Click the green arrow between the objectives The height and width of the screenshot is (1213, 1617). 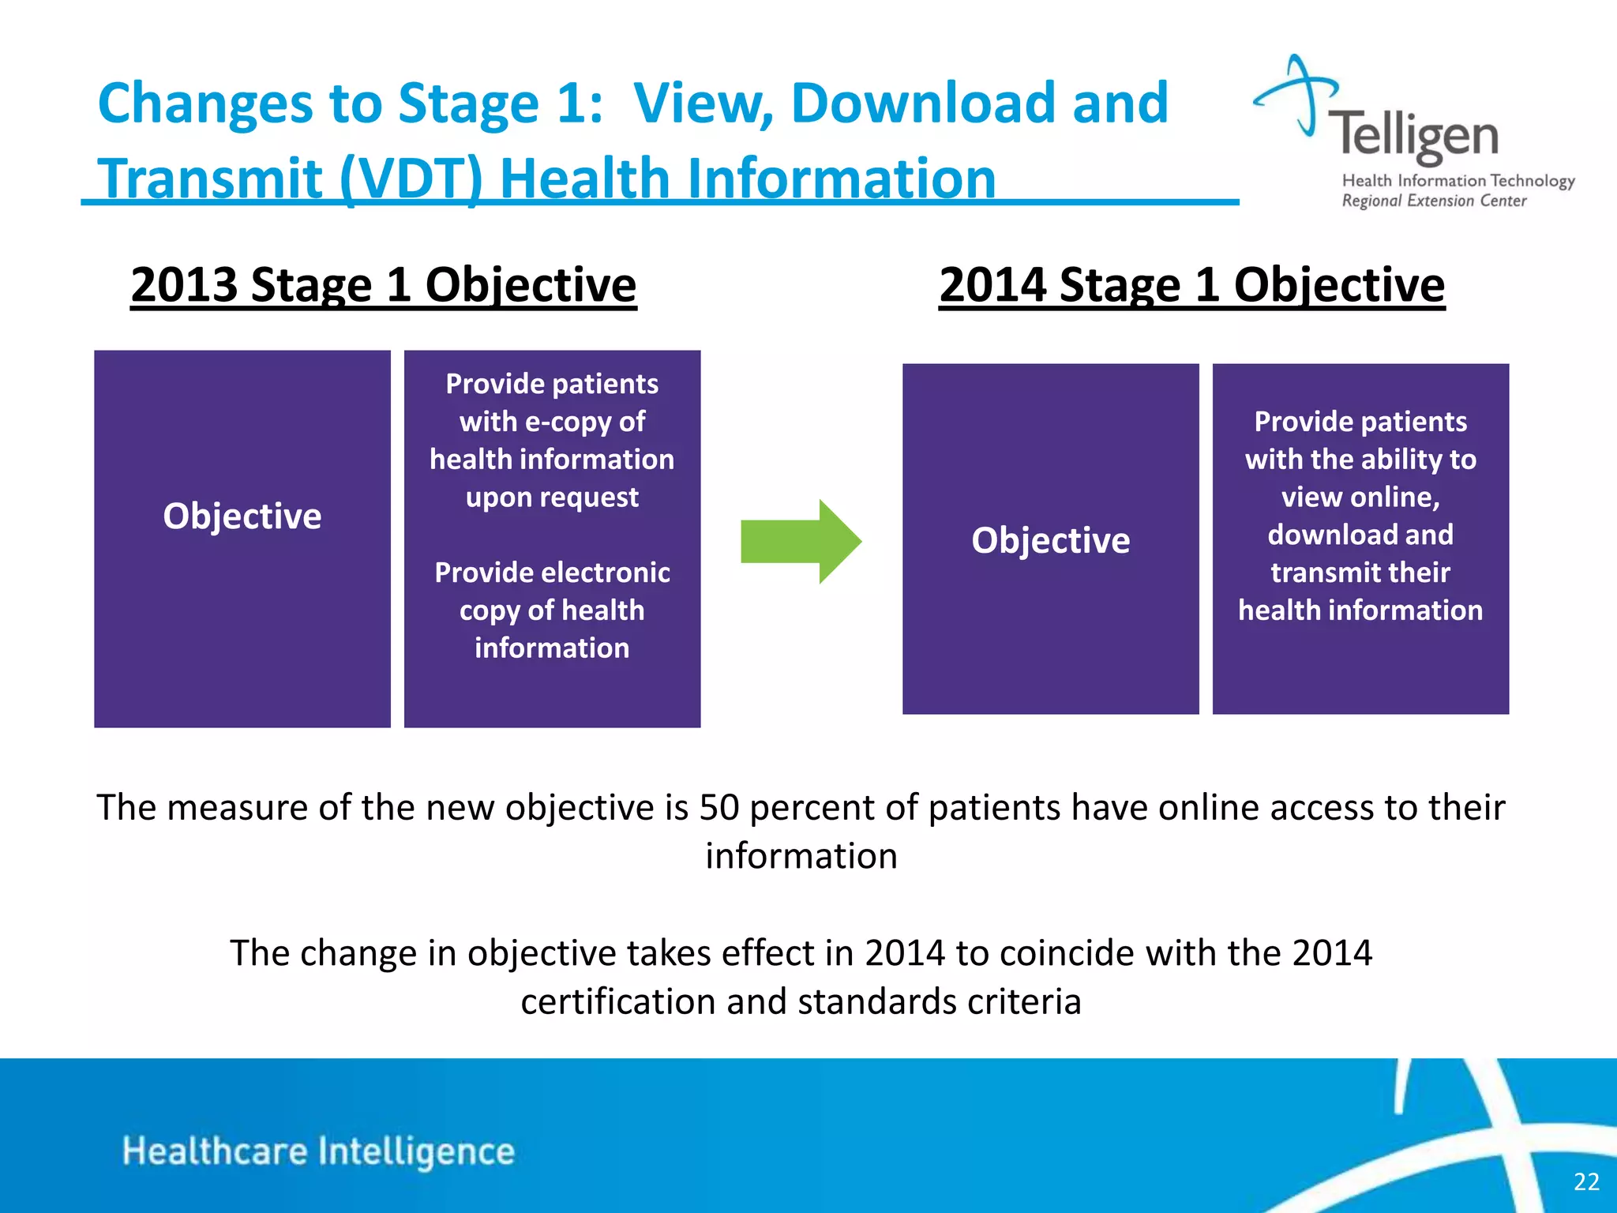799,542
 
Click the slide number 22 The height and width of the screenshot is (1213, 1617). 1585,1181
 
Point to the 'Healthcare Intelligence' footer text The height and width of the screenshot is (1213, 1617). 318,1151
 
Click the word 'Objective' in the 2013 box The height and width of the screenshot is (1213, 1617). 242,516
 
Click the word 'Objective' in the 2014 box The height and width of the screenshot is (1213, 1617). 1050,540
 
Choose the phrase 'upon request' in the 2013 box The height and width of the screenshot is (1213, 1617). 552,498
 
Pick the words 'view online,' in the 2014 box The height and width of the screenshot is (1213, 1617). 1360,497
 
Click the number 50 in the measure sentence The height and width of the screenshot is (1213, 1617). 719,807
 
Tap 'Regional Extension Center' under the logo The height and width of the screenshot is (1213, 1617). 1434,201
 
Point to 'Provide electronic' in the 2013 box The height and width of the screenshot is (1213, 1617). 552,573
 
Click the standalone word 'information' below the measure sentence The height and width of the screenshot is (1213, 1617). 801,856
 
